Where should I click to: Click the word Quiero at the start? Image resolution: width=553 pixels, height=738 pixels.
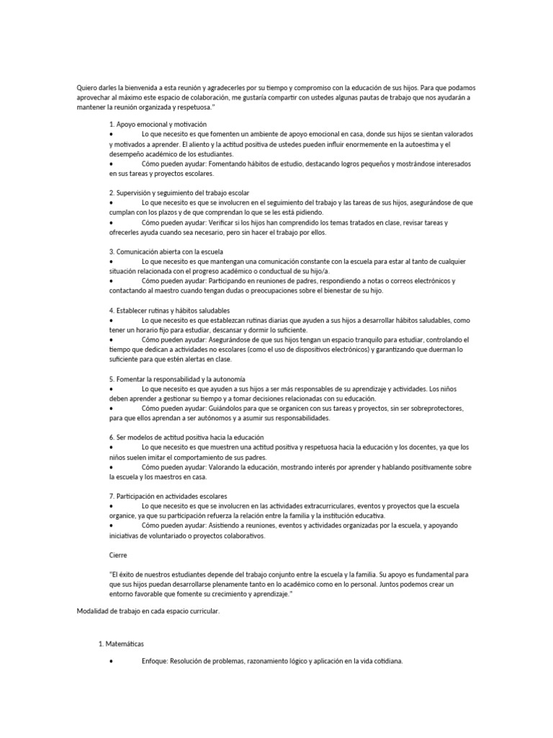tap(88, 88)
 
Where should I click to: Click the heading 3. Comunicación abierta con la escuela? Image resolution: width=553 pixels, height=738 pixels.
tap(168, 251)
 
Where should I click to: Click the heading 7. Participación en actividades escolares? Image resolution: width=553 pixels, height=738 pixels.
tap(168, 496)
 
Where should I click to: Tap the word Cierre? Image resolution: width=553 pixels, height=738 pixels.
tap(117, 555)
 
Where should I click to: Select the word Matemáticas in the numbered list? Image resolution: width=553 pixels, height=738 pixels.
tap(129, 642)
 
